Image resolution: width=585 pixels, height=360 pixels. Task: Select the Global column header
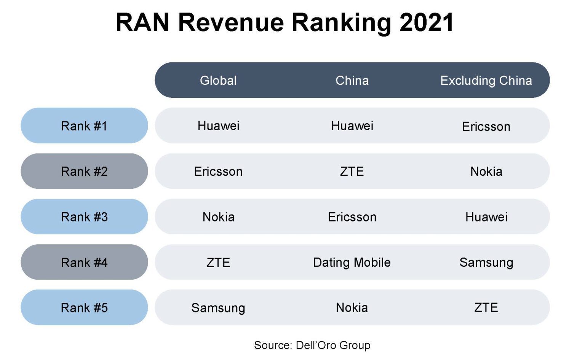(x=218, y=80)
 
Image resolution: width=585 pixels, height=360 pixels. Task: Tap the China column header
(x=352, y=80)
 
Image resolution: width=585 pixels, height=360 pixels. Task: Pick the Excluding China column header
(x=486, y=80)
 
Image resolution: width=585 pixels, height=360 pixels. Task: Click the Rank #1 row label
(x=84, y=126)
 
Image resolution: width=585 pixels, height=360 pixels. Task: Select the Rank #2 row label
(x=84, y=171)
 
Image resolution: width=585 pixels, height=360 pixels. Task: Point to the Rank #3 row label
(x=84, y=217)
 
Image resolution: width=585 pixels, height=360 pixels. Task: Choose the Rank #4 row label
(x=84, y=262)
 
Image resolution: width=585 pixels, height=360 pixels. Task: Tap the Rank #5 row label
(x=84, y=307)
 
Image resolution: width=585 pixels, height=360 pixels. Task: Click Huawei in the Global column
(x=218, y=126)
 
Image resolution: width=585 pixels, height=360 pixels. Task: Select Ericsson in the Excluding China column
(x=486, y=126)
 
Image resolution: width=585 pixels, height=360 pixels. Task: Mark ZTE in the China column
(x=352, y=171)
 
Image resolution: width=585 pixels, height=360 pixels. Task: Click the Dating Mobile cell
(x=352, y=262)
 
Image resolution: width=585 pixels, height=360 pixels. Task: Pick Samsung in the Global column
(x=218, y=308)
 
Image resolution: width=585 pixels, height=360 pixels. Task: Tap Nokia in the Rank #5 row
(x=352, y=307)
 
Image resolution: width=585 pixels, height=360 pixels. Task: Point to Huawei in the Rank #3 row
(x=486, y=217)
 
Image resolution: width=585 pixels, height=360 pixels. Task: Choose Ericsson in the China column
(x=352, y=217)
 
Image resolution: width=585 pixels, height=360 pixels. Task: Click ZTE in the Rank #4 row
(x=218, y=262)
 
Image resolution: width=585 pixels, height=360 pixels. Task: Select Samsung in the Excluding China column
(x=486, y=262)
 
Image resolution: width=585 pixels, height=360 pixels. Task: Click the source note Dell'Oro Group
(x=312, y=345)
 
